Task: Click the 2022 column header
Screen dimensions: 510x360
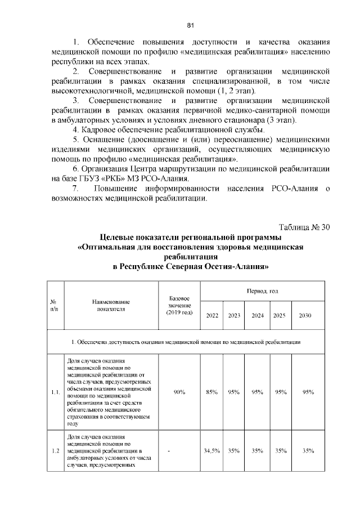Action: (x=213, y=316)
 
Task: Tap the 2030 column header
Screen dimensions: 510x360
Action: (x=307, y=316)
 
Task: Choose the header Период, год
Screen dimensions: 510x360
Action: (x=263, y=291)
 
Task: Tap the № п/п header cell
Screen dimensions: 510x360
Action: (x=54, y=305)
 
